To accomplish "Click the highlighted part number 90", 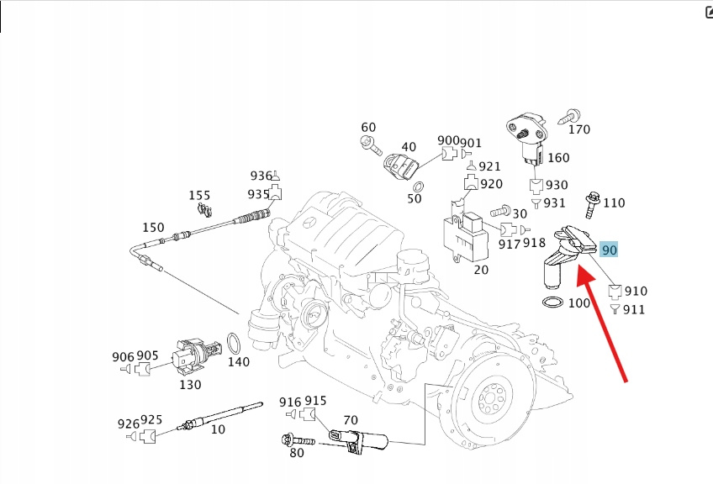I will pyautogui.click(x=609, y=250).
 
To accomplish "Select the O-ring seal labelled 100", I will pyautogui.click(x=552, y=302).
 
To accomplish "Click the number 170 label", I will pyautogui.click(x=579, y=129).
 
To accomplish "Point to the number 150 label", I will pyautogui.click(x=153, y=227).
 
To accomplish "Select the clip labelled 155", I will pyautogui.click(x=202, y=207).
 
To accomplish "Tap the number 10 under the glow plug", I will pyautogui.click(x=218, y=429).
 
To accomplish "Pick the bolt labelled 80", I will pyautogui.click(x=296, y=439).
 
